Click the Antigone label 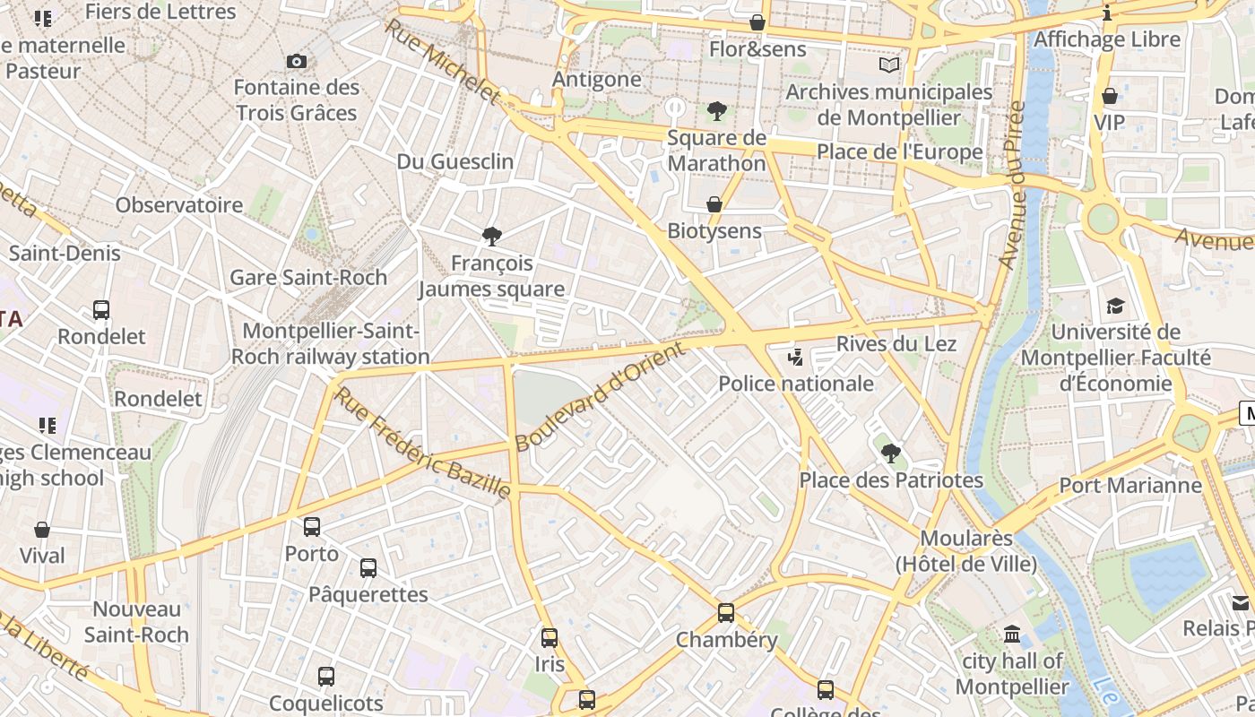[x=597, y=79]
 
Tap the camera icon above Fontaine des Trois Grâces [x=297, y=61]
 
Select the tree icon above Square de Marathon [x=716, y=112]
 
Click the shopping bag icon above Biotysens [x=714, y=204]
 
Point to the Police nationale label [x=796, y=384]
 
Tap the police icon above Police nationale [x=795, y=358]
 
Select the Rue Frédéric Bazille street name [x=422, y=443]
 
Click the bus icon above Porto [x=312, y=527]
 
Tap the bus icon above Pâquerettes [x=368, y=567]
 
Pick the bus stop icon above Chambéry [x=726, y=614]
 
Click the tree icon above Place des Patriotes [x=890, y=454]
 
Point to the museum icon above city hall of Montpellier [x=1012, y=635]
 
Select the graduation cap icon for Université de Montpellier [x=1115, y=307]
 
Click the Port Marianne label [x=1130, y=486]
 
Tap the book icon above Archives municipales [x=889, y=65]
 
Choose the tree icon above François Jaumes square [x=491, y=238]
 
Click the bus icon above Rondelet [x=101, y=310]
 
